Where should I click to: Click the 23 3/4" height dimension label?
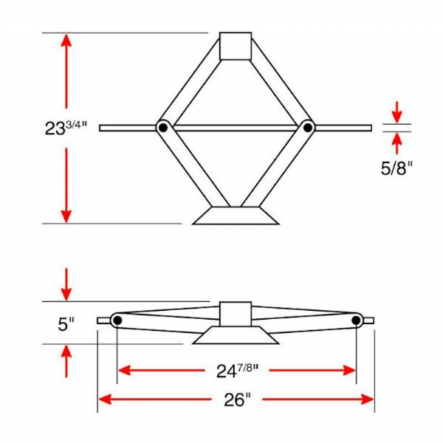coord(65,126)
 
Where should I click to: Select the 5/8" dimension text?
coord(396,168)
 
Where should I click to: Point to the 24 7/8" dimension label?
coord(236,370)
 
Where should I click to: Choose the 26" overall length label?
coord(236,399)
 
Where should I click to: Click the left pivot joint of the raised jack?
coord(162,128)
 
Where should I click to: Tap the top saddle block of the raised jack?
coord(236,46)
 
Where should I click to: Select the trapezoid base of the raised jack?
coord(236,215)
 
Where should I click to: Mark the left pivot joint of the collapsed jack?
coord(117,320)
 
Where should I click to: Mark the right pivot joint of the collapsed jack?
coord(357,320)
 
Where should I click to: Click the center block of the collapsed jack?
coord(236,314)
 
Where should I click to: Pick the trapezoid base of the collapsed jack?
coord(236,336)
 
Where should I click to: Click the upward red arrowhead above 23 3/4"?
coord(66,41)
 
